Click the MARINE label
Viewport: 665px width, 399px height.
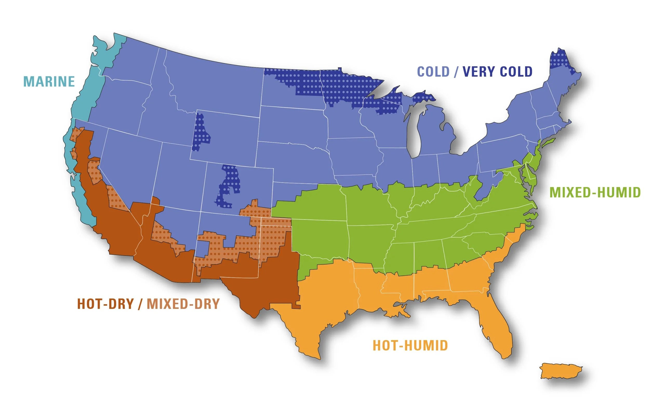(x=49, y=82)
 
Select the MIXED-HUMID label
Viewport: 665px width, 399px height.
(x=595, y=192)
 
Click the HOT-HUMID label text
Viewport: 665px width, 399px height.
(x=410, y=345)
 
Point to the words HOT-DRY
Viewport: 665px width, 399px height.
(x=105, y=304)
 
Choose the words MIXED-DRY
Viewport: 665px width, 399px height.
(x=183, y=304)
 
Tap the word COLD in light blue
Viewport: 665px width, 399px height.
(x=433, y=71)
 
